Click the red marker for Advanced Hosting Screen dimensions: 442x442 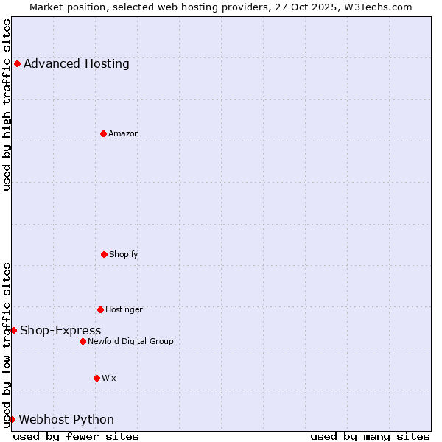(17, 63)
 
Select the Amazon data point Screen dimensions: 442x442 (103, 133)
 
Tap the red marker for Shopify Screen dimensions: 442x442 (104, 254)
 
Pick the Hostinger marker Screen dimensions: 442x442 (100, 309)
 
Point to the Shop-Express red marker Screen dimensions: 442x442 (13, 330)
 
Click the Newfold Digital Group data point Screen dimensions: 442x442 (83, 341)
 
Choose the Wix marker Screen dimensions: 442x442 (97, 378)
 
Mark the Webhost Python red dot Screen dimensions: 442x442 (12, 419)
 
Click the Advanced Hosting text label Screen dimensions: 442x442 (77, 63)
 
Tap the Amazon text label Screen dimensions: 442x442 (124, 133)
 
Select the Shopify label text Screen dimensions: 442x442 (124, 254)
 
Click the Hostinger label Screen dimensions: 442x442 (124, 309)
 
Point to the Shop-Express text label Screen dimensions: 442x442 (60, 330)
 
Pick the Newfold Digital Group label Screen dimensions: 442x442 (131, 341)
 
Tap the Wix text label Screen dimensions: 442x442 (109, 378)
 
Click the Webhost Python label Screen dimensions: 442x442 (66, 419)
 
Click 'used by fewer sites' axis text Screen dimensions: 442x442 (76, 436)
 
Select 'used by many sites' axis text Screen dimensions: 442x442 (370, 436)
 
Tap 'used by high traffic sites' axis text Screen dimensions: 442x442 (7, 105)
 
